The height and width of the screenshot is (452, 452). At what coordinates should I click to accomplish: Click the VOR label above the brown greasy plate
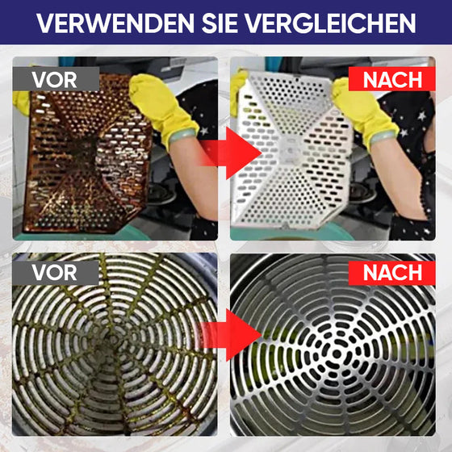point(55,79)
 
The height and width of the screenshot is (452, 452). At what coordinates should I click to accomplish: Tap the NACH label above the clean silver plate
point(392,79)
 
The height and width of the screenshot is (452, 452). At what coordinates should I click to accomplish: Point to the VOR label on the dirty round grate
point(55,271)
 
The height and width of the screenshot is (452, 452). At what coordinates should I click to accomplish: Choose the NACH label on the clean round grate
point(392,271)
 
